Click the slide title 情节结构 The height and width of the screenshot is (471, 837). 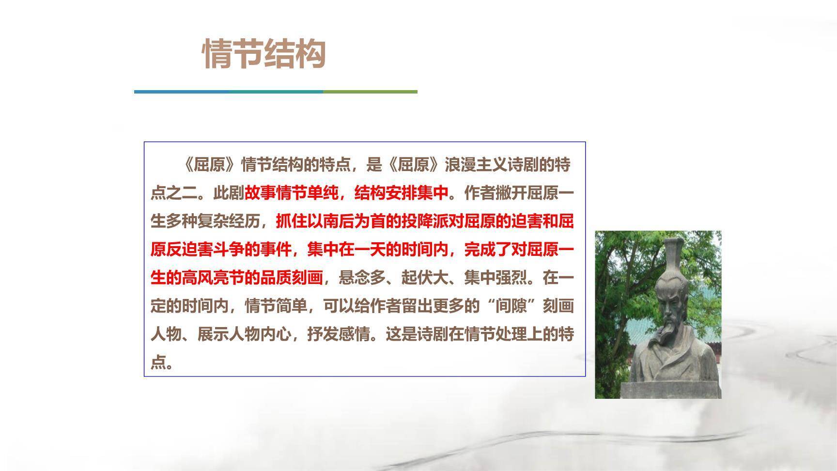click(264, 54)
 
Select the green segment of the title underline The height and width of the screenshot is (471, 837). click(370, 92)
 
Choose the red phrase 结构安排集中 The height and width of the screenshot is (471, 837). click(402, 193)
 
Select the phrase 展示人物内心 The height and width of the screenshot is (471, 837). click(245, 334)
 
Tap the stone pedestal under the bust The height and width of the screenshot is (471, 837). click(671, 390)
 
